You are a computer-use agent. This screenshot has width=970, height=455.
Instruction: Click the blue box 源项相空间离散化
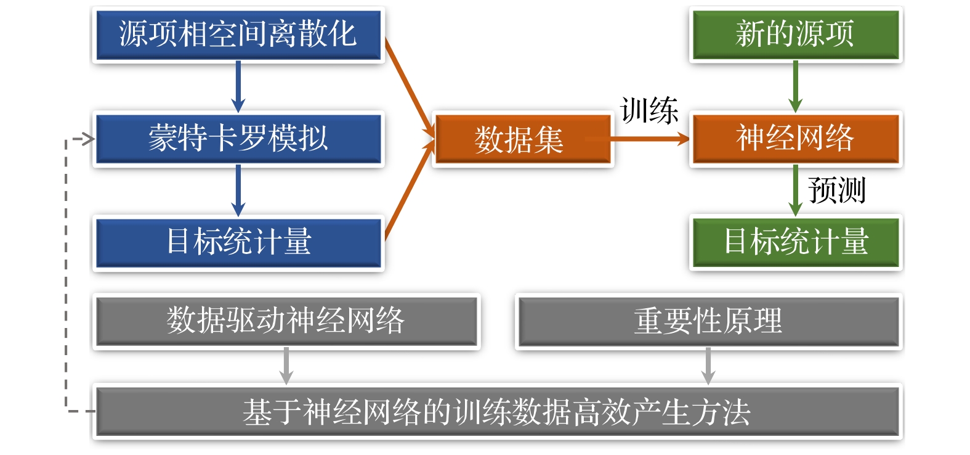coord(238,35)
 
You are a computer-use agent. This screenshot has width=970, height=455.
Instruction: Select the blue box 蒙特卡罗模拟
coord(238,138)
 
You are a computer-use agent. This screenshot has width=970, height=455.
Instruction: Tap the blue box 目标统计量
coord(238,242)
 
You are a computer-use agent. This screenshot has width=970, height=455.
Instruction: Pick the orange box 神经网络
coord(795,138)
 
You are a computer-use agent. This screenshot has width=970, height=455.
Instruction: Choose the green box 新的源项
coord(795,35)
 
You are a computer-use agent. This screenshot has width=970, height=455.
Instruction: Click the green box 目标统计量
coord(795,242)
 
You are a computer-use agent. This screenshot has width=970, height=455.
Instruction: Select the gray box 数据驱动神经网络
coord(286,321)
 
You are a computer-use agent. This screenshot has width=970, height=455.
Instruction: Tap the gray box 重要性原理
coord(708,321)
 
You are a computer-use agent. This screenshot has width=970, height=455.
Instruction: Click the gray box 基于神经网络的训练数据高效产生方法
coord(496,412)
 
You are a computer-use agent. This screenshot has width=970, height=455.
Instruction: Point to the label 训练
coord(649,111)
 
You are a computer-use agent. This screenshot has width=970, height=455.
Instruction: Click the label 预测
coord(836,190)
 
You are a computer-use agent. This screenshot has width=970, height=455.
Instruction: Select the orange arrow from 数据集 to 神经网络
coord(650,140)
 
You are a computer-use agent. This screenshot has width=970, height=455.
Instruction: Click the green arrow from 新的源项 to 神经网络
coord(795,86)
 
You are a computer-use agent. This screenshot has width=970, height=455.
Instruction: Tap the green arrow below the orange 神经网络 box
coord(795,190)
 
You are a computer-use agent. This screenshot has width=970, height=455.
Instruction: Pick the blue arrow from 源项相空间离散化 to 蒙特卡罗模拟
coord(238,86)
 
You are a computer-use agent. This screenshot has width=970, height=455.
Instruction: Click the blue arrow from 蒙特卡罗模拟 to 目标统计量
coord(238,190)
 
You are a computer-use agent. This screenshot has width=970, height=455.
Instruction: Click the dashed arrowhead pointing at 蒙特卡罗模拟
coord(86,139)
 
